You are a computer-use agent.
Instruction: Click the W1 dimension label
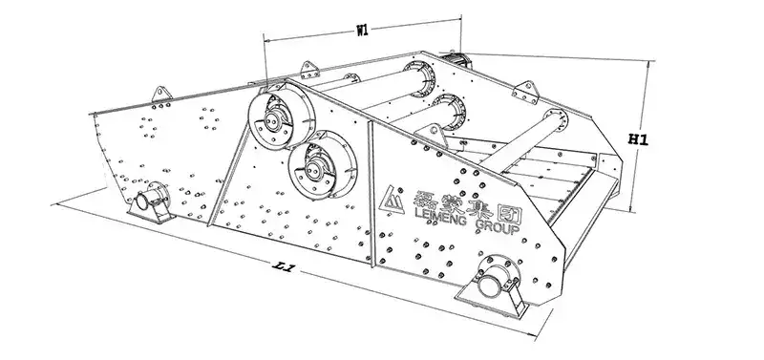(x=363, y=31)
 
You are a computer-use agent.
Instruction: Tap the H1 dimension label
(x=638, y=139)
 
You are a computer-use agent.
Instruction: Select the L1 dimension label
(x=283, y=266)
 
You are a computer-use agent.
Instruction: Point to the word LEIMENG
(x=439, y=219)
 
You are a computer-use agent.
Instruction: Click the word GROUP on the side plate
(x=497, y=226)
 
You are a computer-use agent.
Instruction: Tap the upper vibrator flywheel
(x=275, y=116)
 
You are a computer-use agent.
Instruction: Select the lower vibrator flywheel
(x=322, y=165)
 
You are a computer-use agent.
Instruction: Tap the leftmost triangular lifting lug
(x=161, y=94)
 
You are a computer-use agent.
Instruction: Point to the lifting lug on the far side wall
(x=525, y=93)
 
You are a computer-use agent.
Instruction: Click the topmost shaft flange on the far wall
(x=419, y=79)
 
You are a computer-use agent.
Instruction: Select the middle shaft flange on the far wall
(x=448, y=113)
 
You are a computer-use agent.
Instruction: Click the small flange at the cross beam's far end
(x=556, y=119)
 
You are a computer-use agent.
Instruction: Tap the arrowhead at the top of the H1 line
(x=648, y=64)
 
